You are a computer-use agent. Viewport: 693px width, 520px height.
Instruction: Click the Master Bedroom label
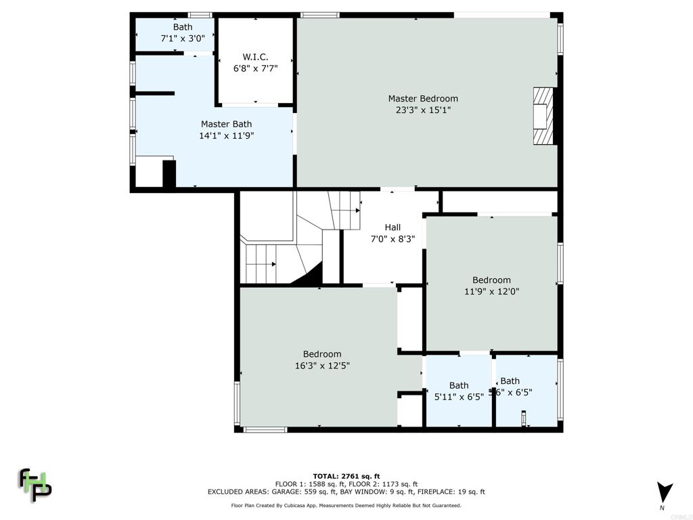(422, 99)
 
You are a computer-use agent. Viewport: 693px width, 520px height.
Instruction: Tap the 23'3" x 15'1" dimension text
(422, 110)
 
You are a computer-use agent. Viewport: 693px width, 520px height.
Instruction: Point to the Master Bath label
(226, 124)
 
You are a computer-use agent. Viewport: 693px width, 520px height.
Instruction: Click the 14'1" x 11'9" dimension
(226, 135)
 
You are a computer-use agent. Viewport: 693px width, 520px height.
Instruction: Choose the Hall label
(393, 227)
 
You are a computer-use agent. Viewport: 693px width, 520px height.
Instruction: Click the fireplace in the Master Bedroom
(543, 116)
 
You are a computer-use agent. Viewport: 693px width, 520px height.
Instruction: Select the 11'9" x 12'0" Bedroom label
(491, 280)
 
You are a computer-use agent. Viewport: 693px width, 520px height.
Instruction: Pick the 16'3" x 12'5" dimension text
(322, 366)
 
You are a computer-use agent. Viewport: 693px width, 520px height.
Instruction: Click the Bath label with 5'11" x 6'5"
(459, 386)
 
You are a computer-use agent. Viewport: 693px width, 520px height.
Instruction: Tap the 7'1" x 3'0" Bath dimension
(182, 39)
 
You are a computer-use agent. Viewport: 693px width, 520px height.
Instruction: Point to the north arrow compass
(665, 492)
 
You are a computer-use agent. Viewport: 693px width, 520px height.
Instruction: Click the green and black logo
(35, 484)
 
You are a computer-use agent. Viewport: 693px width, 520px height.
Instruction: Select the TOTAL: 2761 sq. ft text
(346, 476)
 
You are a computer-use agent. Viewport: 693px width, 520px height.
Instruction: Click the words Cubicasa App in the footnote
(323, 505)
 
